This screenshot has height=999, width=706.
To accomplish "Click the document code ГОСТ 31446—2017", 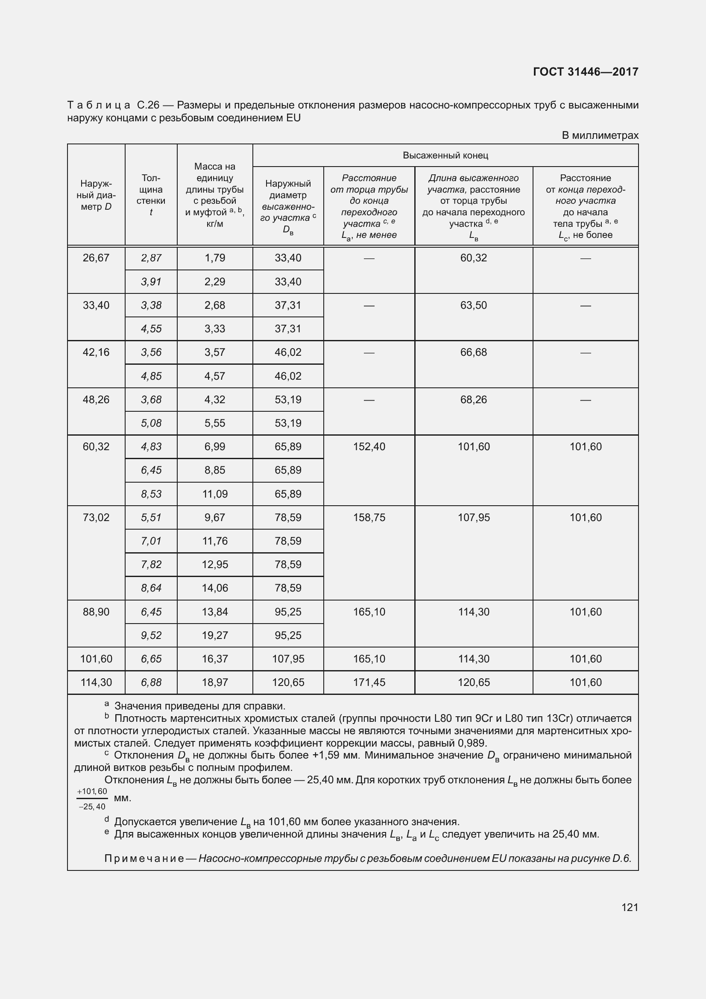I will (586, 72).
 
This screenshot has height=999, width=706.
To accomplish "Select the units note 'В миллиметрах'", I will (600, 135).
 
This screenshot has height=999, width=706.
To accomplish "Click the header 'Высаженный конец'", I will (445, 155).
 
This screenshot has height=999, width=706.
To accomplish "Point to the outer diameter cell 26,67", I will (96, 258).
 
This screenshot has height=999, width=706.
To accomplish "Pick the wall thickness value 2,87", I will (151, 258).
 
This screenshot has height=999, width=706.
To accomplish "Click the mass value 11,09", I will (214, 494).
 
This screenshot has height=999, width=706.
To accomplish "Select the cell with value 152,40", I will (369, 447).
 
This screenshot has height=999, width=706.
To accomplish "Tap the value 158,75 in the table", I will (369, 517).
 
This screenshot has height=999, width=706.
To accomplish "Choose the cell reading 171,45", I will (369, 682).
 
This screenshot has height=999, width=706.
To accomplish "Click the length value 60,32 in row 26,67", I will (473, 258).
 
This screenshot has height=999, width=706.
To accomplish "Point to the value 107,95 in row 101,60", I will (288, 659).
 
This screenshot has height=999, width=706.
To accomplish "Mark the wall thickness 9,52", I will (151, 635).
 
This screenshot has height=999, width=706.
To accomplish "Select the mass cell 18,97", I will (214, 682).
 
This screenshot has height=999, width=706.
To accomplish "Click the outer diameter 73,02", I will (96, 517).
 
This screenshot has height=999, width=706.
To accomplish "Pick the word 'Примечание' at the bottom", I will (144, 858).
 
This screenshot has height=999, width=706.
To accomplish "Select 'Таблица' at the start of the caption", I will (99, 105).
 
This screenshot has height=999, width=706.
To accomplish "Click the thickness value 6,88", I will (151, 682).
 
